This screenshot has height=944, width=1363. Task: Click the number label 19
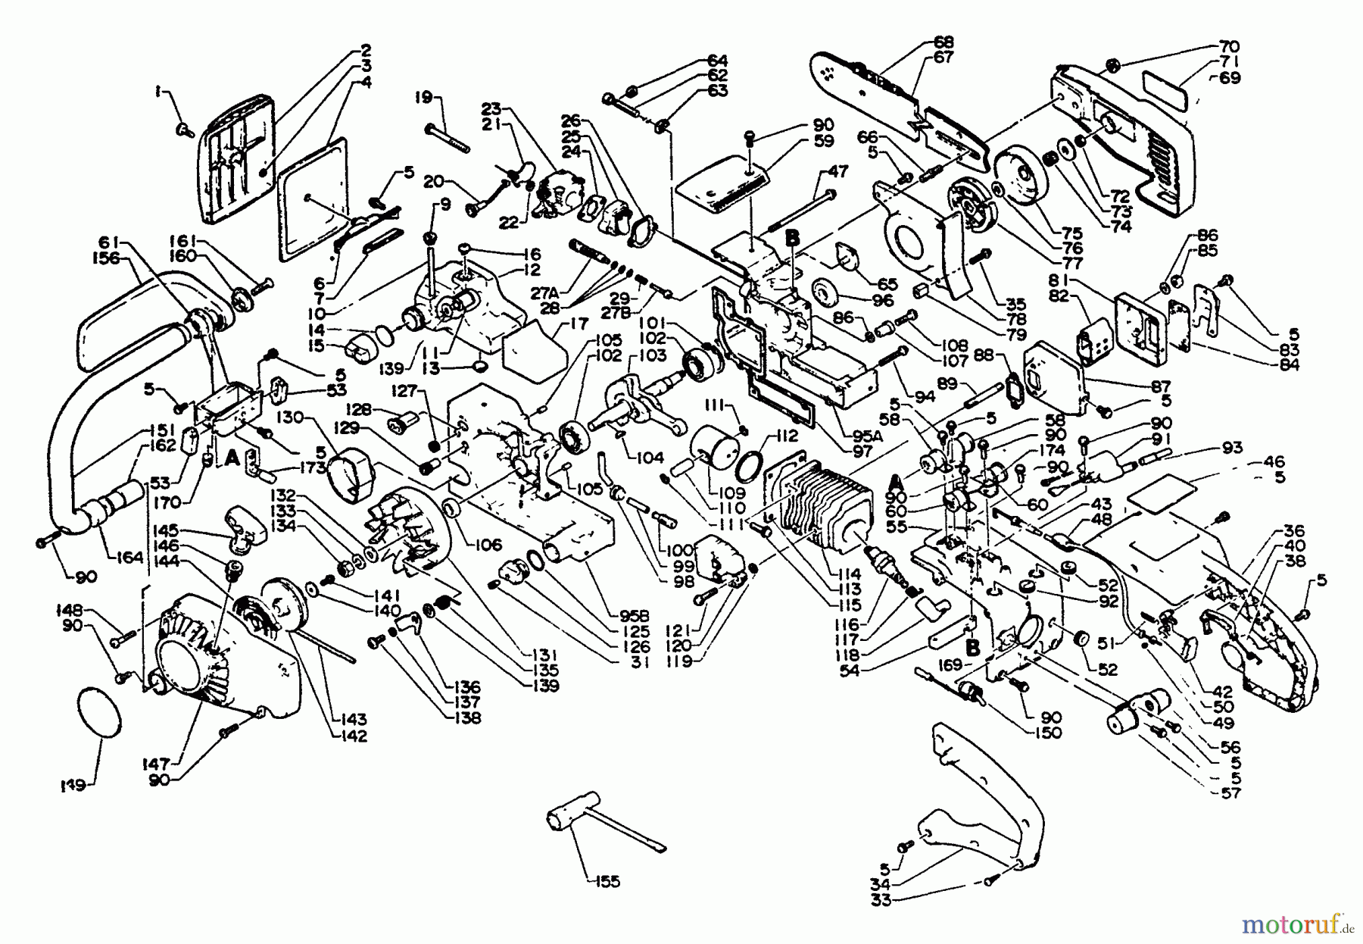coord(423,96)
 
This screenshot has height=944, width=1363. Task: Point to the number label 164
coord(130,558)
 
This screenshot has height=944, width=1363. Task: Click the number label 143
coord(354,719)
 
